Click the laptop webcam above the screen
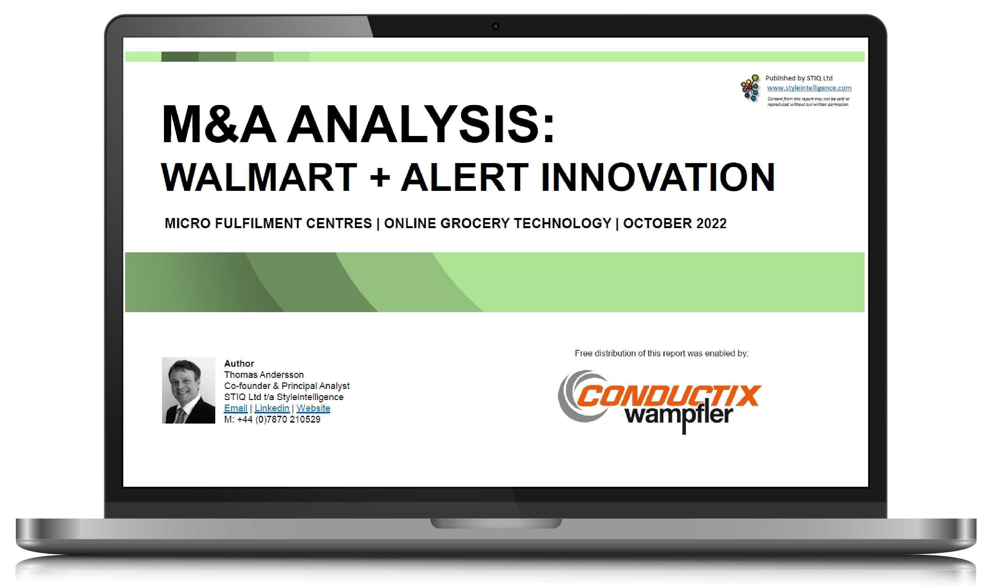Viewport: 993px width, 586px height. tap(496, 26)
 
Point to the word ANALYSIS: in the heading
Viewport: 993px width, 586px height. tap(421, 125)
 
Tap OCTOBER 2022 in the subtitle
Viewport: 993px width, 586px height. tap(675, 224)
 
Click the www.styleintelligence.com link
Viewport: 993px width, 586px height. tap(809, 88)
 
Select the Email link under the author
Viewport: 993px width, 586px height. tap(236, 408)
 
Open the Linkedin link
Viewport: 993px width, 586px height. tap(271, 408)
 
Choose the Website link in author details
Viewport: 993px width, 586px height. tap(313, 408)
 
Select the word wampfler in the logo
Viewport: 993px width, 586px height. tap(679, 415)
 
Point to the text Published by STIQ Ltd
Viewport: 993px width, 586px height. tap(798, 78)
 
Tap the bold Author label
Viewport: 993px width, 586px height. tap(239, 363)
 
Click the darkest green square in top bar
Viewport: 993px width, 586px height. tap(180, 57)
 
